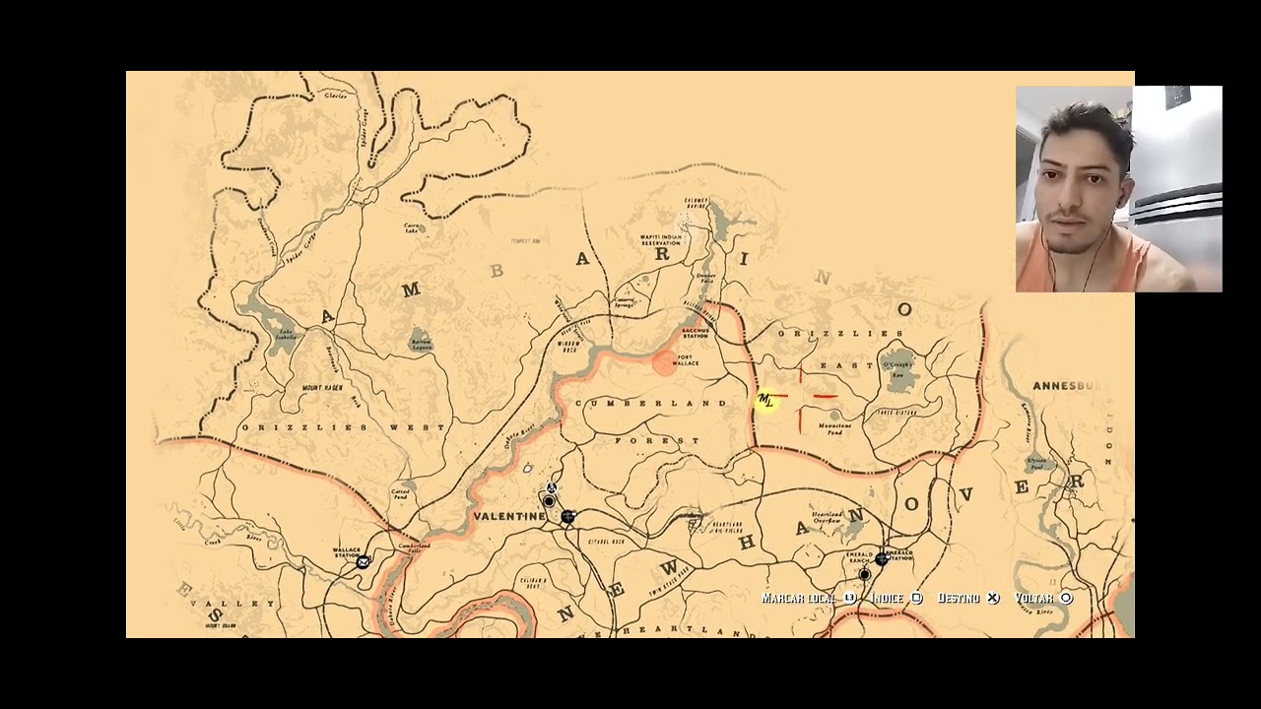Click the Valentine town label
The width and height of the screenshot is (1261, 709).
pyautogui.click(x=508, y=516)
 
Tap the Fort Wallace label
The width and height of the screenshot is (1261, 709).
pyautogui.click(x=686, y=361)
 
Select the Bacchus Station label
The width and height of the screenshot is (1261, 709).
pyautogui.click(x=696, y=334)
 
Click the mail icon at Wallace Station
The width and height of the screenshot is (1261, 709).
pyautogui.click(x=363, y=561)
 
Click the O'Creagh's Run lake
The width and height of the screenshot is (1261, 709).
pyautogui.click(x=897, y=364)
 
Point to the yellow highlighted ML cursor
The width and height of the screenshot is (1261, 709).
pyautogui.click(x=765, y=400)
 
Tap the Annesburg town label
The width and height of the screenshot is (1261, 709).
pyautogui.click(x=1070, y=386)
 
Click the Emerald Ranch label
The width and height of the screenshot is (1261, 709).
pyautogui.click(x=859, y=557)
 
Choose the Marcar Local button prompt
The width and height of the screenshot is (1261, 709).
pyautogui.click(x=798, y=598)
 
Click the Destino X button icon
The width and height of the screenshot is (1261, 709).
pyautogui.click(x=993, y=598)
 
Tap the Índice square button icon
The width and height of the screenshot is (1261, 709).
pyautogui.click(x=916, y=598)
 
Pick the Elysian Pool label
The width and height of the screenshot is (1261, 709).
pyautogui.click(x=1036, y=460)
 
